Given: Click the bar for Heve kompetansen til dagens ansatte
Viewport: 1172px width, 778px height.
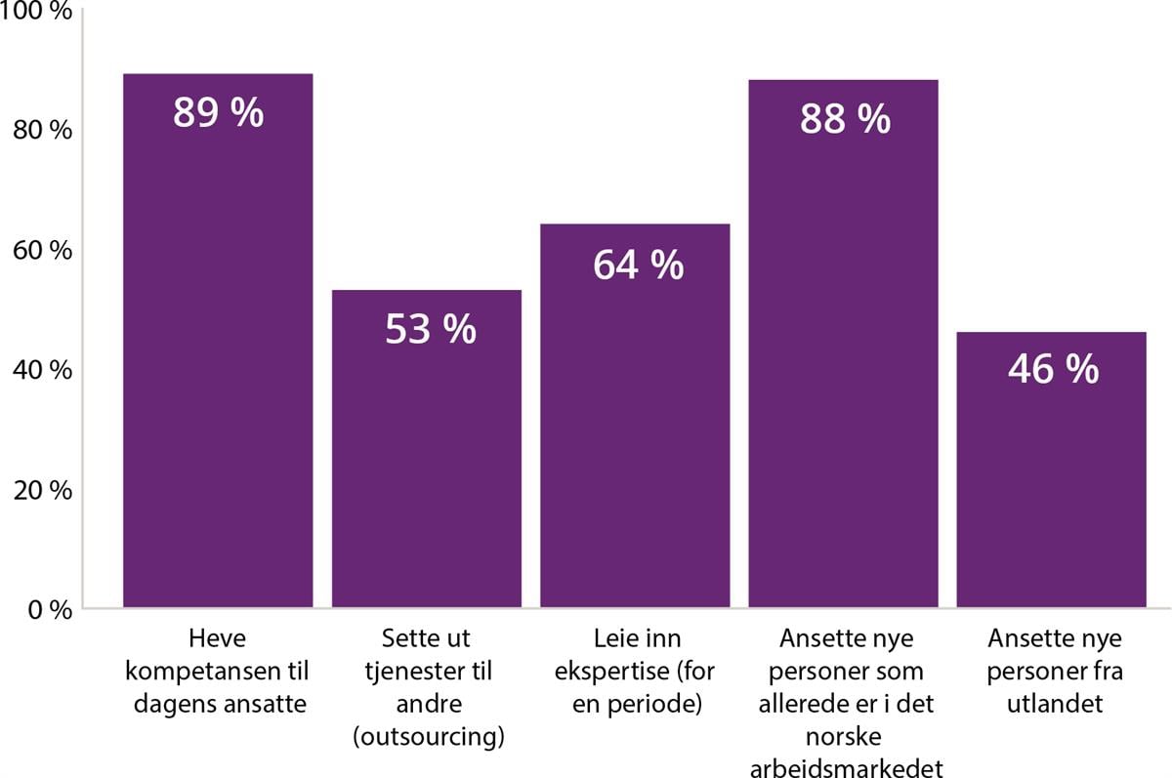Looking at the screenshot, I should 218,371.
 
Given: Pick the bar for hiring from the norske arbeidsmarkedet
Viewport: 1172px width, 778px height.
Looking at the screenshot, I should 844,371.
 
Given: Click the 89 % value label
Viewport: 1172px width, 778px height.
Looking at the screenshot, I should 218,113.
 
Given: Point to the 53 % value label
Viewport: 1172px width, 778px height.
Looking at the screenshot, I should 430,330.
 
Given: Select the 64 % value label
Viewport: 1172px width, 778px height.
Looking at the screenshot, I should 638,265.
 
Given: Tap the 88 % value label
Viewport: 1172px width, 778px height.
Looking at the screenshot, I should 845,119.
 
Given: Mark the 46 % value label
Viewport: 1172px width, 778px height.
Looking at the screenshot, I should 1053,369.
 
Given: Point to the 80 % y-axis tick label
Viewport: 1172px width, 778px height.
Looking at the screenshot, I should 45,130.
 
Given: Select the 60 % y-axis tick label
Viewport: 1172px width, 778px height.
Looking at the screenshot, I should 45,250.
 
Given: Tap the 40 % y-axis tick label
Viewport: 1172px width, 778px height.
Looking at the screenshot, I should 45,370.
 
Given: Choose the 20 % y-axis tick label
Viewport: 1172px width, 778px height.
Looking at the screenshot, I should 45,490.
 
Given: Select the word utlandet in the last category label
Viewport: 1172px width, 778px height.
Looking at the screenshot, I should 1055,704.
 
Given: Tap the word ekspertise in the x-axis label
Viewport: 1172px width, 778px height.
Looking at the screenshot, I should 617,672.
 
